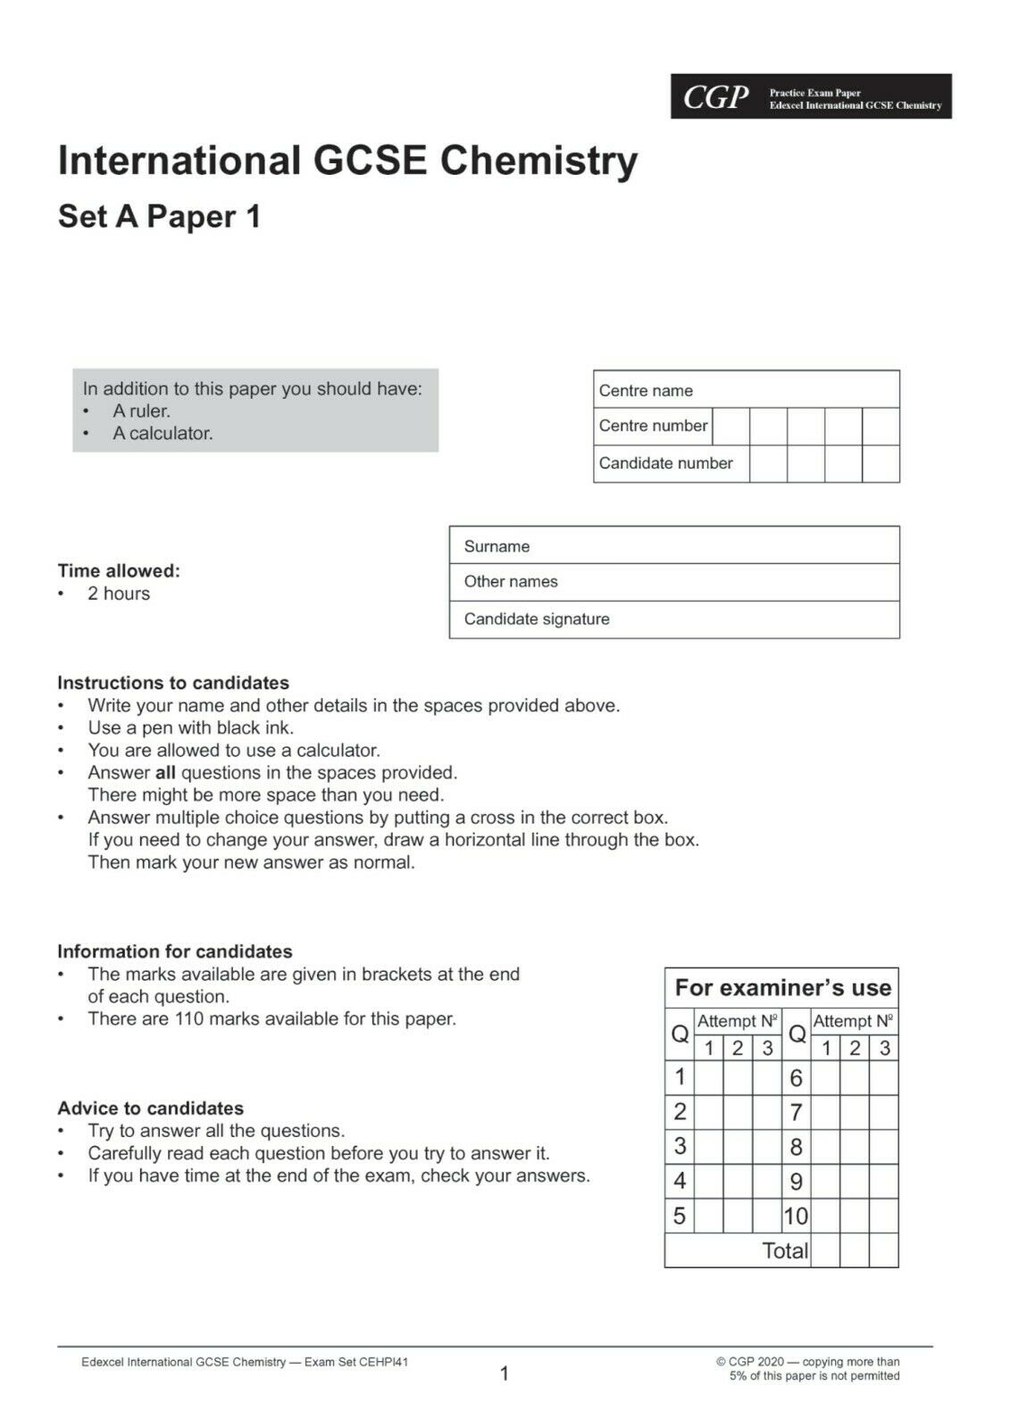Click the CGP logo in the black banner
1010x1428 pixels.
715,97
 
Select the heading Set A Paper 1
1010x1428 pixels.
159,217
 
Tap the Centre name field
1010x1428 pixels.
746,390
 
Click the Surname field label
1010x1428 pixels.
497,546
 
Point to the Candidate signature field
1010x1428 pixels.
674,619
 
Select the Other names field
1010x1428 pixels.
674,582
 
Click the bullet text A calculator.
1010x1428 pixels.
163,434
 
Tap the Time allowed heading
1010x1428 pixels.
119,570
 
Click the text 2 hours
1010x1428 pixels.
119,594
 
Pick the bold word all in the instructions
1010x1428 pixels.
165,773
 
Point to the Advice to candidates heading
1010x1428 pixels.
150,1108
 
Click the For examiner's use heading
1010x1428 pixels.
782,988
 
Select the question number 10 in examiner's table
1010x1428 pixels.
795,1216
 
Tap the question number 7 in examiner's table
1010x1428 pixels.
796,1112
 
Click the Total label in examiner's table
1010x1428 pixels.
785,1250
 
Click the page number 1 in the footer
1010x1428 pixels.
504,1374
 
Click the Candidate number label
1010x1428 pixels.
665,463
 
